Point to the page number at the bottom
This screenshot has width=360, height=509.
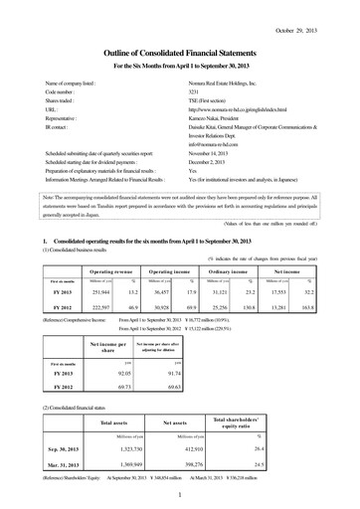click(x=180, y=500)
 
